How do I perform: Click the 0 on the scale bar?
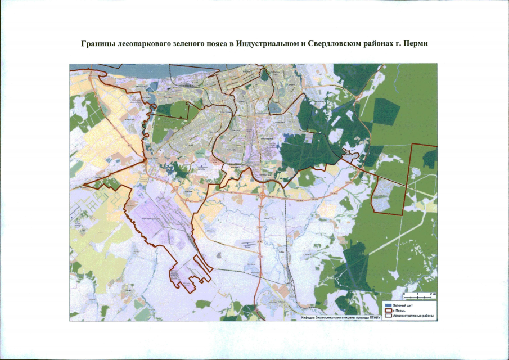point(404,294)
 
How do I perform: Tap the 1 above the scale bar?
point(418,294)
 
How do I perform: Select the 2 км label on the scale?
point(433,294)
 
